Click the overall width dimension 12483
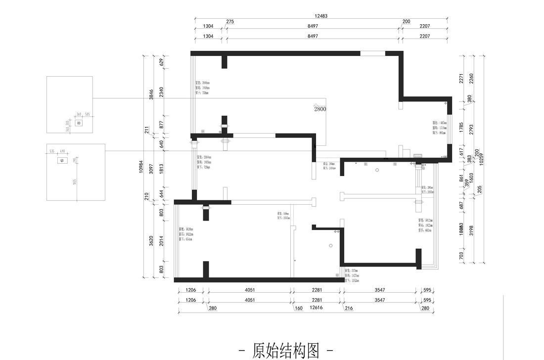pos(321,16)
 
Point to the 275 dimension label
pos(230,22)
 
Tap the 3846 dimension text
pos(152,94)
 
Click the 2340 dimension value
pos(162,92)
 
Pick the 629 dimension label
pos(162,62)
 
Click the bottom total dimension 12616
pos(316,308)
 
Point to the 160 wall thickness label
pos(298,308)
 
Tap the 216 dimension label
pos(349,308)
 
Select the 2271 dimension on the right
pos(461,78)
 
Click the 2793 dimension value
pos(471,129)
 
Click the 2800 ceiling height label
pos(320,109)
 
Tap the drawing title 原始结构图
pos(285,351)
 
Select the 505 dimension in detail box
pos(87,114)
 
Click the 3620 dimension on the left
pos(152,240)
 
